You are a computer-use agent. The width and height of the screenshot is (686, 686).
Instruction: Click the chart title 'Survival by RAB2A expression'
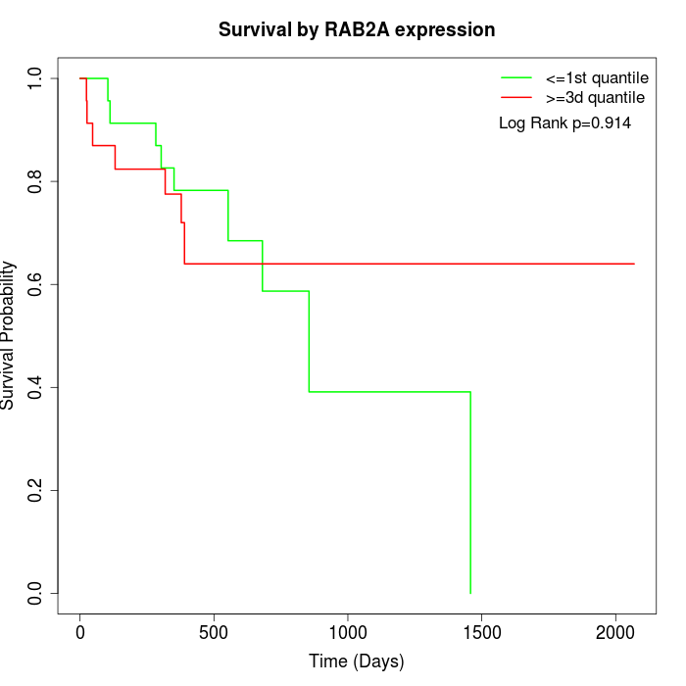356,29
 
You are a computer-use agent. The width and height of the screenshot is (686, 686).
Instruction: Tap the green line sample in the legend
516,77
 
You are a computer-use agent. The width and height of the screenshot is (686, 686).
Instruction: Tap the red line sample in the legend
516,98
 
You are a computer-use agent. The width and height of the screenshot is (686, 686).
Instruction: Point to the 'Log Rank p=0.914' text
564,123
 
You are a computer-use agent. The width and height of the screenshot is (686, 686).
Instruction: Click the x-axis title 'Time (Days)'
356,661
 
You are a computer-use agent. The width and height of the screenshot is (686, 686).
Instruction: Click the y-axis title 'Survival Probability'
9,335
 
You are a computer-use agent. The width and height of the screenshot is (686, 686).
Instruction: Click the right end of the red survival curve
634,264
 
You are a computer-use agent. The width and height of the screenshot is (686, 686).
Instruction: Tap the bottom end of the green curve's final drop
470,593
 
